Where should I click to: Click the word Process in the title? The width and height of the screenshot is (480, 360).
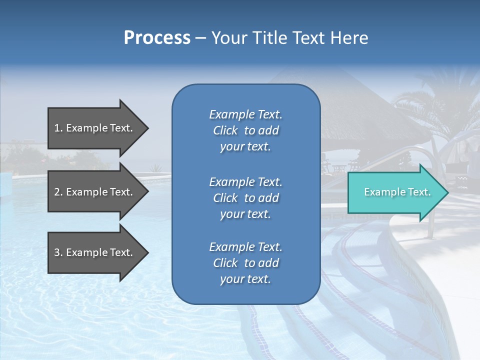157,38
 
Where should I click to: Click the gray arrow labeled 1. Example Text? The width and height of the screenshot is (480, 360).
95,128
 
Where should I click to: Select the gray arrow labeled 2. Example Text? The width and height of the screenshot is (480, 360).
95,192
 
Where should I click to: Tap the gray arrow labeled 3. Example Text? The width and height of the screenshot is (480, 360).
95,252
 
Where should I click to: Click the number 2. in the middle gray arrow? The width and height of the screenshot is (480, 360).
58,192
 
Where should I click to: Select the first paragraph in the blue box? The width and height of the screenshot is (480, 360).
245,130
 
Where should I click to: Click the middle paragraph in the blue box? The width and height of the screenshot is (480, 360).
245,198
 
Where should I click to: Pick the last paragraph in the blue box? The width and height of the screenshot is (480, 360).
245,263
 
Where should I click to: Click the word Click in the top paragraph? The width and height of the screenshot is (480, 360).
225,130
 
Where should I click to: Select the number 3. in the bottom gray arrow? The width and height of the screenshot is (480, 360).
58,252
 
